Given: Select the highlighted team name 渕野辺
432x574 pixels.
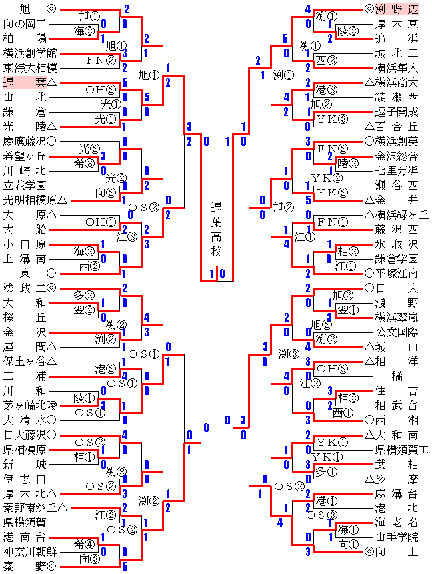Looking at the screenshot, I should point(401,9).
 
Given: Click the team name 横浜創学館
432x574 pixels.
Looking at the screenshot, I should point(29,53).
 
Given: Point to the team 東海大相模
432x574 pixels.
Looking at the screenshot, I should point(29,67).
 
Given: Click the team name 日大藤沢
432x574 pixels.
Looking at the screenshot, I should point(25,435).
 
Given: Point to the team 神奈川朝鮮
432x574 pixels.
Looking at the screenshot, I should point(29,551).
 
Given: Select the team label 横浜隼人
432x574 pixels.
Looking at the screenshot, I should point(397,67).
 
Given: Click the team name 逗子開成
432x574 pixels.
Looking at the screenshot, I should point(397,111).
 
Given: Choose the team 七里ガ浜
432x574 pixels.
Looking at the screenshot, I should point(397,170).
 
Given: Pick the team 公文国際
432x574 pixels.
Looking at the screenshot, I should point(397,332).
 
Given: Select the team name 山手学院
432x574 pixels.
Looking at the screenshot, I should point(397,537).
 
